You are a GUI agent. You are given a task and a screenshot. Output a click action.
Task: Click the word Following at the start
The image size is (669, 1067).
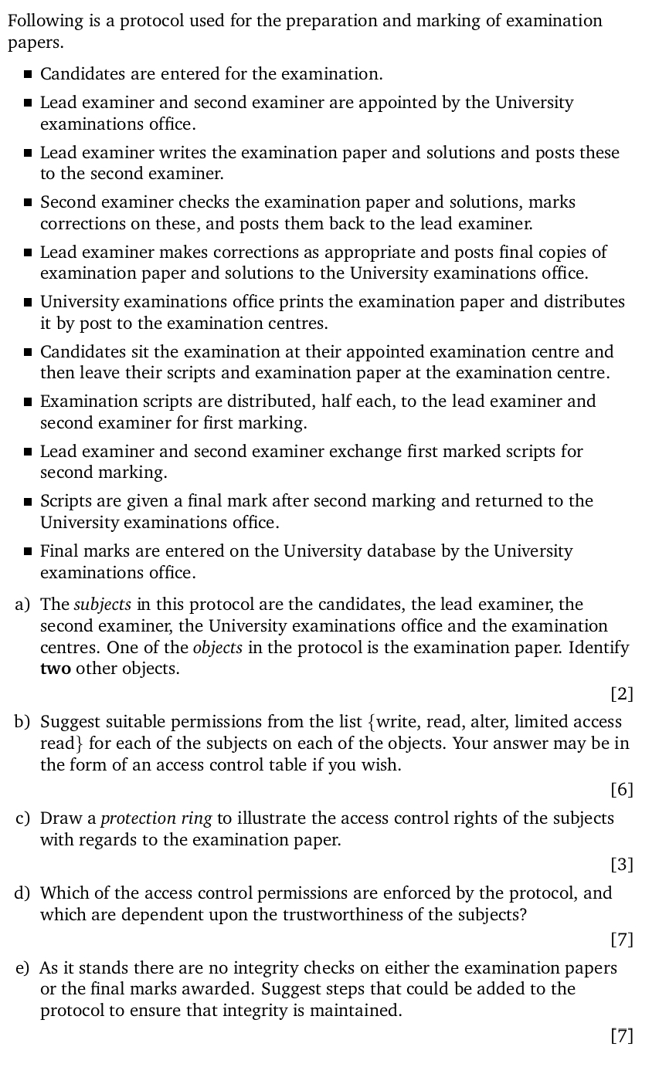pos(43,21)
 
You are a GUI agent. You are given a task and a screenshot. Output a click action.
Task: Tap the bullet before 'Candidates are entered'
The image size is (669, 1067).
pos(28,75)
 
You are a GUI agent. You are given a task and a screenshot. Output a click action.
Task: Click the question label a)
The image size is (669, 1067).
pos(22,605)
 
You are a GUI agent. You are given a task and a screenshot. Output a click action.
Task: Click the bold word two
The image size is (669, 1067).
pos(55,669)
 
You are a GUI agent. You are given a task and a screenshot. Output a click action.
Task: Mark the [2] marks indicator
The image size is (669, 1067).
pos(621,694)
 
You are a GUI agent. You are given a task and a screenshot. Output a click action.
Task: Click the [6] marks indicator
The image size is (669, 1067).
pos(621,790)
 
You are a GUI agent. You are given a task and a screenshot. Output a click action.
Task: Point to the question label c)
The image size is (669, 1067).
pos(22,818)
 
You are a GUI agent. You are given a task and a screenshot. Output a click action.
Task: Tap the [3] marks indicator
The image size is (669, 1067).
pos(621,865)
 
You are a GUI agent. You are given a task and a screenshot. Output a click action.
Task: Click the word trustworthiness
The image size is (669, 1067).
pos(396,915)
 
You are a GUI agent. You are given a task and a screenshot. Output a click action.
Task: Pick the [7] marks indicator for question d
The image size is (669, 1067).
pos(621,940)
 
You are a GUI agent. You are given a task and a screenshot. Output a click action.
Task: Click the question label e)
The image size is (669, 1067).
pos(22,968)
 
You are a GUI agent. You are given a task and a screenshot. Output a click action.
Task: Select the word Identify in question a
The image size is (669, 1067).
pos(599,648)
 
